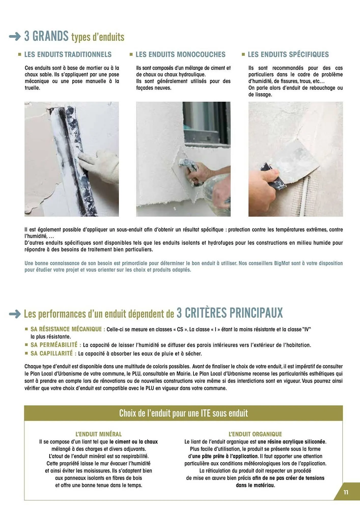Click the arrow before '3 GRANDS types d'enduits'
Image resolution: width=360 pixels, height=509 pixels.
pos(15,36)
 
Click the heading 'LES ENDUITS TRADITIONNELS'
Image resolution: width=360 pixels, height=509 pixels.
pos(68,54)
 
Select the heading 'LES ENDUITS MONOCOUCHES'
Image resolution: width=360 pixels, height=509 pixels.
pos(180,54)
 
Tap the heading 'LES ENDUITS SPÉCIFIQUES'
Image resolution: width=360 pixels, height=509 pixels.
pos(288,54)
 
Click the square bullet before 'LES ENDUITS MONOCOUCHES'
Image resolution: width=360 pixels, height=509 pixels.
pos(131,54)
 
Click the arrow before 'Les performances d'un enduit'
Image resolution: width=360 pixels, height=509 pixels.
pos(15,314)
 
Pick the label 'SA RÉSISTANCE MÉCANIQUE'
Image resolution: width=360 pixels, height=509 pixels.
pos(66,329)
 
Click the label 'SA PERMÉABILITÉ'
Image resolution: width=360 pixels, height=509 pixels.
pos(54,345)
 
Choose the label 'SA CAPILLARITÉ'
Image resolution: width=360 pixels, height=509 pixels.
pos(52,354)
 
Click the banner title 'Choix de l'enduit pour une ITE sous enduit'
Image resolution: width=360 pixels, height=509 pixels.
pos(183,413)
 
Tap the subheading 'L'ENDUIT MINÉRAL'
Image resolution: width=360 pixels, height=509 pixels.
pos(99,434)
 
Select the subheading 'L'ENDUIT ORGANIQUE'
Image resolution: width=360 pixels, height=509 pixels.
pos(255,434)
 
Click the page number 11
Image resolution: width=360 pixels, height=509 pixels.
pos(346,492)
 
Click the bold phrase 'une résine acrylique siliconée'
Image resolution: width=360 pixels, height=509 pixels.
pos(292,442)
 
